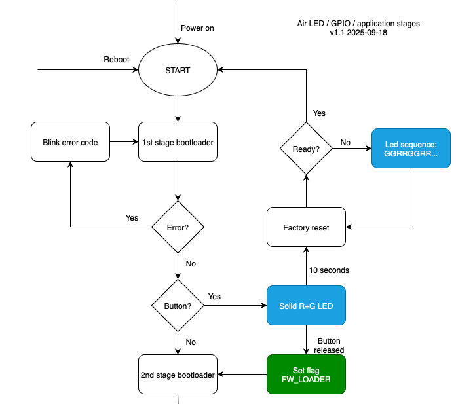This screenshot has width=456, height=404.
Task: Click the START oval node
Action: (178, 70)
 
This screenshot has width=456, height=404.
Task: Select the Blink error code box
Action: (70, 142)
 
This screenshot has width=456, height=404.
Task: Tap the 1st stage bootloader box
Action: (178, 142)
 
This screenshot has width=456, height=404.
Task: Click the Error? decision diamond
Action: (178, 227)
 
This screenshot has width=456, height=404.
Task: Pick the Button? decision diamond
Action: (178, 305)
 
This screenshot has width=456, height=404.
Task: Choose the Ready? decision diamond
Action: (306, 149)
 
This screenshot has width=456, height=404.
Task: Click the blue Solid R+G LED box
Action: (306, 305)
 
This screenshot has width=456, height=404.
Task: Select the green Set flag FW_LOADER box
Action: (306, 375)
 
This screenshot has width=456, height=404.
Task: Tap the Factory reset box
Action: (306, 227)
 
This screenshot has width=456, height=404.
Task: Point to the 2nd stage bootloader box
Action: (178, 375)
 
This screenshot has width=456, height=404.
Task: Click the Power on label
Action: (198, 28)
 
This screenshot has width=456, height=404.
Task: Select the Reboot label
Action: (117, 60)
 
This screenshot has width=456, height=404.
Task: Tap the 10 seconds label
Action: (330, 270)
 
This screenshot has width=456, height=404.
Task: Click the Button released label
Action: (329, 346)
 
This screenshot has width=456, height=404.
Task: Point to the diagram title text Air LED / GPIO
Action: (358, 24)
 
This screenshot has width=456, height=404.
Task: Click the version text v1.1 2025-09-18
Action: (358, 33)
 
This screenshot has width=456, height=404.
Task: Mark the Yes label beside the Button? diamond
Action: (214, 297)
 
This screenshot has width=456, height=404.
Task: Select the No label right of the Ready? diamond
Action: (345, 142)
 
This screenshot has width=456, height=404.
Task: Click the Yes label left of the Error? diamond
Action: (132, 218)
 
